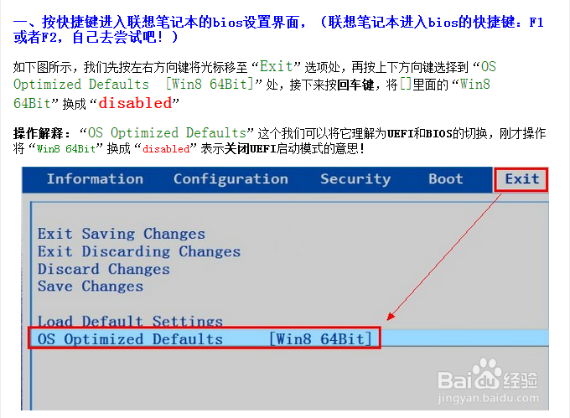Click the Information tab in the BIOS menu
pyautogui.click(x=95, y=178)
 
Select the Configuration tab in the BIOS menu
pyautogui.click(x=231, y=178)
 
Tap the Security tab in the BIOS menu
pyautogui.click(x=355, y=178)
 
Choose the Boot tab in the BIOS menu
pyautogui.click(x=445, y=178)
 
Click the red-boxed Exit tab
pyautogui.click(x=521, y=178)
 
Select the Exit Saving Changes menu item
pyautogui.click(x=121, y=234)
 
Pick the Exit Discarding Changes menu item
pyautogui.click(x=138, y=251)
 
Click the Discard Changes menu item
pyautogui.click(x=103, y=269)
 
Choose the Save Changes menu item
pyautogui.click(x=90, y=286)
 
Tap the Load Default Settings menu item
pyautogui.click(x=130, y=322)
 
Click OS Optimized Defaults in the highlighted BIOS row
pyautogui.click(x=130, y=339)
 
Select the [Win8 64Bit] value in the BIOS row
pyautogui.click(x=320, y=339)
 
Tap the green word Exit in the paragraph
pyautogui.click(x=276, y=65)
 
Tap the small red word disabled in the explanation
pyautogui.click(x=165, y=148)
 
